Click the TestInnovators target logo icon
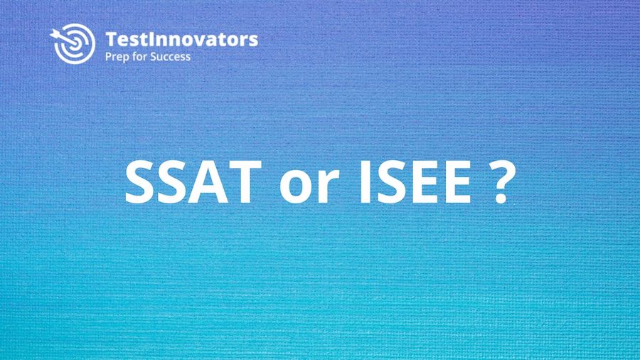coord(72,45)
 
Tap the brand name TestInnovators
coord(181,39)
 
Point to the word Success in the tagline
coord(171,56)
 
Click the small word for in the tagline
coord(142,56)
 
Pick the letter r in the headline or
coord(317,188)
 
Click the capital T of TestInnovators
coord(110,39)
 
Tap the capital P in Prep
coord(108,56)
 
